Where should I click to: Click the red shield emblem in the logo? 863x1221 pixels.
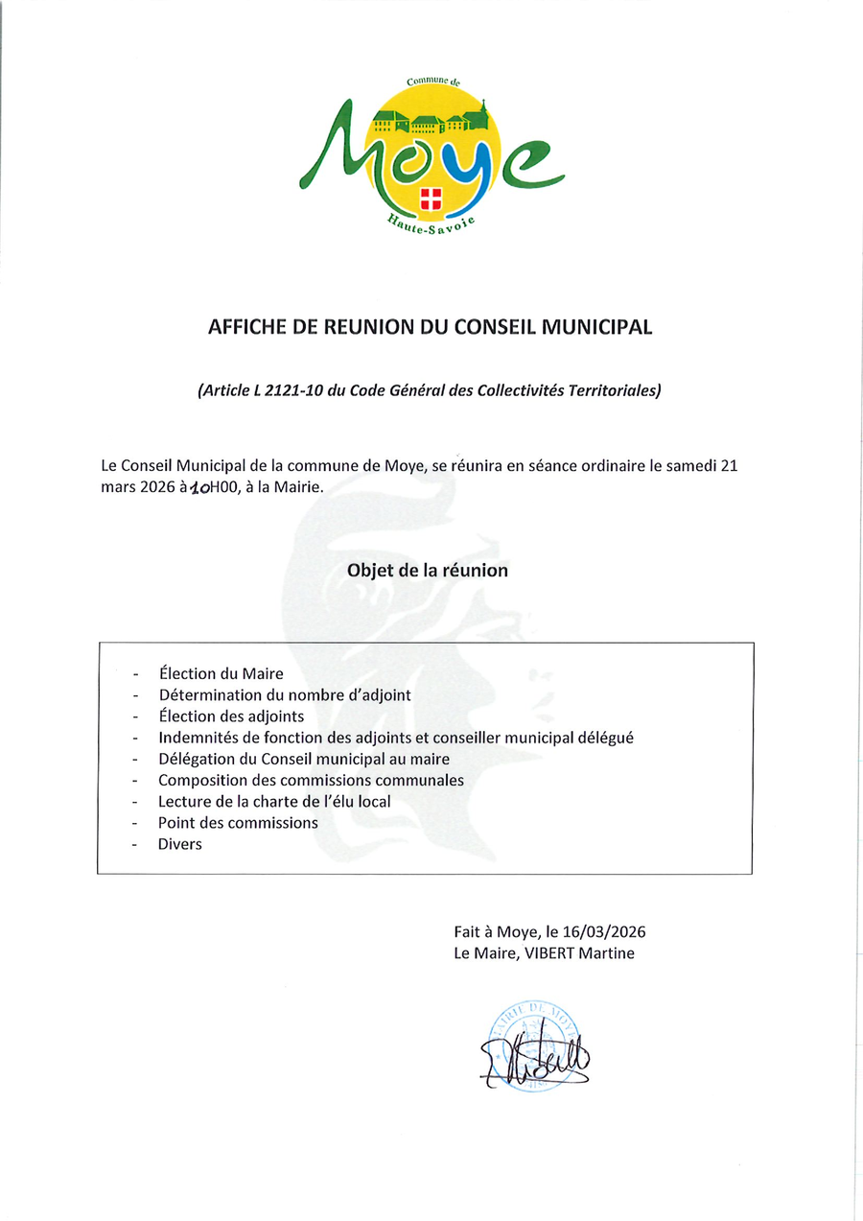(x=431, y=199)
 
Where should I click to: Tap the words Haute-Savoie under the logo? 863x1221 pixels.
(x=431, y=226)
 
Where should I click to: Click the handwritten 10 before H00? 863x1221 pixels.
(x=199, y=488)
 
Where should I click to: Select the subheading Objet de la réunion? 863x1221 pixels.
(x=428, y=570)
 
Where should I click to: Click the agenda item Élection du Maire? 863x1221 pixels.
(x=221, y=673)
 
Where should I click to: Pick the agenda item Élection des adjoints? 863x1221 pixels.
(x=231, y=716)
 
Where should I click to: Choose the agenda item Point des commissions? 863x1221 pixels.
(x=238, y=822)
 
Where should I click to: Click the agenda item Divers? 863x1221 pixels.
(x=180, y=844)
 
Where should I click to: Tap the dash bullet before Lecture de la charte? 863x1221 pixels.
(x=137, y=802)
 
